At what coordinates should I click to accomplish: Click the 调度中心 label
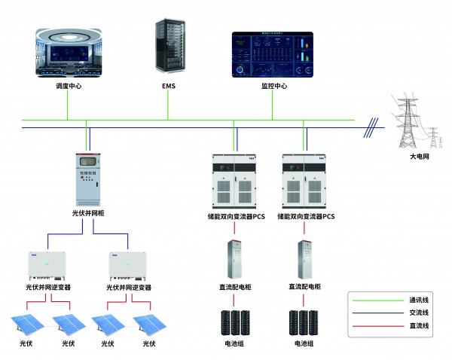[x=67, y=87]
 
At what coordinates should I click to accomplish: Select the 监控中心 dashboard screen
[x=273, y=54]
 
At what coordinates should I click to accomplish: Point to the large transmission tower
[x=408, y=121]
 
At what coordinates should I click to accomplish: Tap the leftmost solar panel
[x=26, y=325]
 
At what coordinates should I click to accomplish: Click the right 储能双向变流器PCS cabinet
[x=305, y=181]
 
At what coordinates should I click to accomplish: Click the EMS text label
[x=168, y=87]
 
